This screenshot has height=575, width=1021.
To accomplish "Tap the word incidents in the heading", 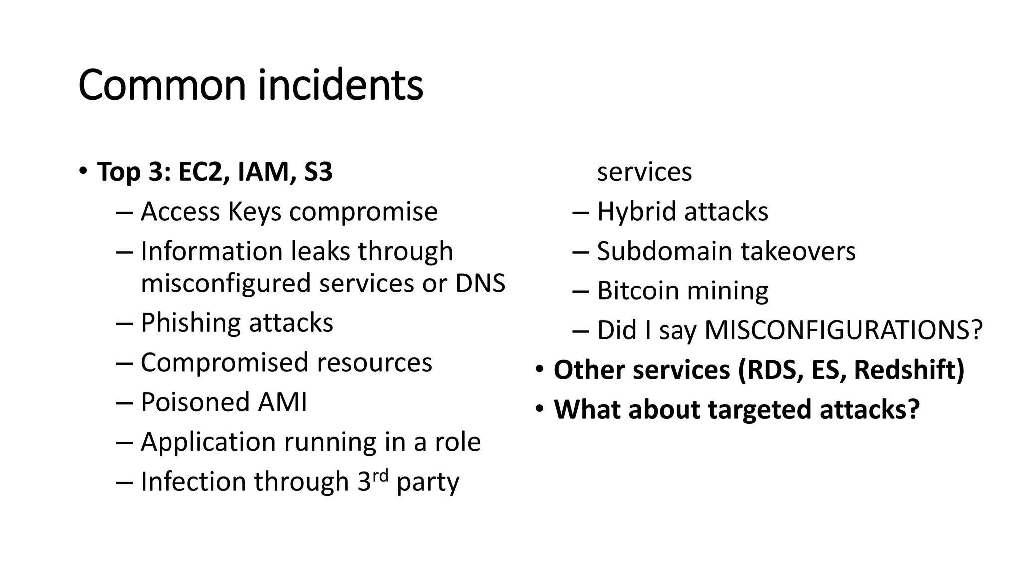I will point(340,85).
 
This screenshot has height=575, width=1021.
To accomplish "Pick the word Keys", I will point(255,212).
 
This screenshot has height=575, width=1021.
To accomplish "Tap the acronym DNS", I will point(480,283).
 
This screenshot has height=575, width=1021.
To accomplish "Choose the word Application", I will point(208,442).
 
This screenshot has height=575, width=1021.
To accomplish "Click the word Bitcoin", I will point(636,290).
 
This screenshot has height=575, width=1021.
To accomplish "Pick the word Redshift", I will point(909,370).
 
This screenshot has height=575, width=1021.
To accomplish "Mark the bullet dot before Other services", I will point(539,370).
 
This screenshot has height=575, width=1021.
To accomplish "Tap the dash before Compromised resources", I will point(124,363).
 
